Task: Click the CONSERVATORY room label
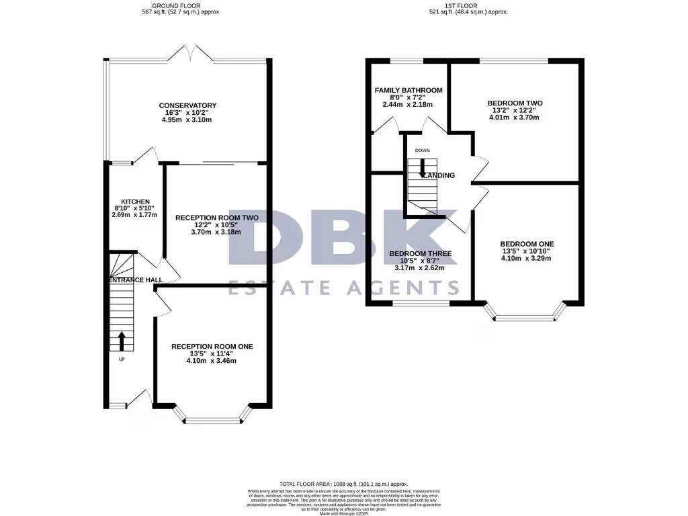(187, 105)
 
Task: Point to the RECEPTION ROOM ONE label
(212, 346)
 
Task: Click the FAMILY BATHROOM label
(408, 90)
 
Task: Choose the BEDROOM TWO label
(515, 103)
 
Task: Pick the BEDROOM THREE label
(421, 254)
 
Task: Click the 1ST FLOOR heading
(468, 5)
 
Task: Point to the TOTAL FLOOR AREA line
(343, 484)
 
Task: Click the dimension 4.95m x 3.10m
(187, 120)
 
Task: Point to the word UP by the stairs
(122, 359)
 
